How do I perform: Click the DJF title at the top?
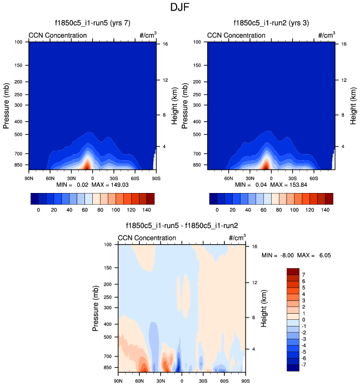point(181,8)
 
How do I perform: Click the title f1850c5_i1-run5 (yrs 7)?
point(91,23)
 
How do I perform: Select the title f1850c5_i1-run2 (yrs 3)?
point(271,23)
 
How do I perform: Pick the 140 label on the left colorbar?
point(146,210)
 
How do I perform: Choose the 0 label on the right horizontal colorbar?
point(217,210)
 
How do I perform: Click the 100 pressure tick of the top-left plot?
point(18,42)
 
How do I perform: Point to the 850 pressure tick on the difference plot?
point(108,368)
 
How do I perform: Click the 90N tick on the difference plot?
point(118,381)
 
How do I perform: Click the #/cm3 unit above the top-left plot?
point(148,35)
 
